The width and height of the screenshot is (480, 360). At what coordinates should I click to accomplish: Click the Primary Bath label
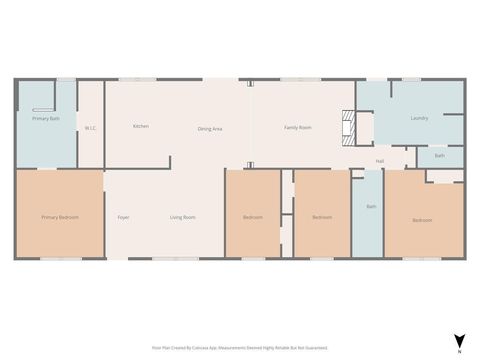pos(46,119)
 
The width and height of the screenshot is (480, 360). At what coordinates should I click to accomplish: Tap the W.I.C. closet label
pos(90,128)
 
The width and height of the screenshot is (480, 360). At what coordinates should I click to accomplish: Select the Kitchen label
pos(141,126)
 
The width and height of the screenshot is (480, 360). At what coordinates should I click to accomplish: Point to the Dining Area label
pos(210,128)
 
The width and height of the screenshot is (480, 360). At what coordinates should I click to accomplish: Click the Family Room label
pos(297,127)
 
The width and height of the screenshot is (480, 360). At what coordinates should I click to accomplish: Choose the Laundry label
pos(419,118)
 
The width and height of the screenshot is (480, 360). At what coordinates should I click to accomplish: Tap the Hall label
pos(380,161)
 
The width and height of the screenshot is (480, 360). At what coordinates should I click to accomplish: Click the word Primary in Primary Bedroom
pos(50,217)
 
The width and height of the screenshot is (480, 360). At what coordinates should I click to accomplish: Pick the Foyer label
pos(123,217)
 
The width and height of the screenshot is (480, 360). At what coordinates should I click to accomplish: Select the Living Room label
pos(182,217)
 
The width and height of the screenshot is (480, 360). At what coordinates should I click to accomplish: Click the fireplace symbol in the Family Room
pos(348,125)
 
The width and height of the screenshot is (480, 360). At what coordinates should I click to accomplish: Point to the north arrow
pos(458,340)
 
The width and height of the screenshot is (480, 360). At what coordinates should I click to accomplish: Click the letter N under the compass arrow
pos(458,352)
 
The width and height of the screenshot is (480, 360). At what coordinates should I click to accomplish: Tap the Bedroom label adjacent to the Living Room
pos(252,217)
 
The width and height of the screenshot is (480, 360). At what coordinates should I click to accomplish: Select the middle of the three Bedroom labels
pos(321,217)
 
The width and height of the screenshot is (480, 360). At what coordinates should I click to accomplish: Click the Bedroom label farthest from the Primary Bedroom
pos(422,220)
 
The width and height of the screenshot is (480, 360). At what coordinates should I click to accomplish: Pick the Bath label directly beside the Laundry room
pos(439,156)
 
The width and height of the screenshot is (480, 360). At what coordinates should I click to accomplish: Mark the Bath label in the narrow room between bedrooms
pos(371,207)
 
